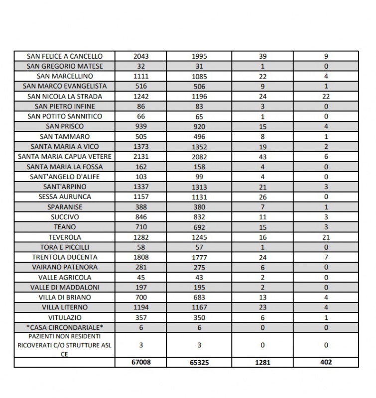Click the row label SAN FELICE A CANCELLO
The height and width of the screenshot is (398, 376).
click(65, 56)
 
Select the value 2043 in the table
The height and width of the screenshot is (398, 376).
click(141, 56)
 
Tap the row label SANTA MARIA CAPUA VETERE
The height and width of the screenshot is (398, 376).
click(65, 157)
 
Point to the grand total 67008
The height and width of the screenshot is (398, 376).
click(141, 362)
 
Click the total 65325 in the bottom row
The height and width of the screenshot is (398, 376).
click(199, 363)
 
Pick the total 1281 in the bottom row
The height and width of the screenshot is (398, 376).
click(262, 363)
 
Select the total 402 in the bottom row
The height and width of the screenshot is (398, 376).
click(326, 362)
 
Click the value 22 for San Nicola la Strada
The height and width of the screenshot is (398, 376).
click(326, 97)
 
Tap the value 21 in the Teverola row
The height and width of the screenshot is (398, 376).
click(326, 237)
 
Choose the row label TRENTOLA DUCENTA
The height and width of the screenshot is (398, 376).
click(65, 257)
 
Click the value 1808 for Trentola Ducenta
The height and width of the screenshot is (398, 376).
click(141, 257)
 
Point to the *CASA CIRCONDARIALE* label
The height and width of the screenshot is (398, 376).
click(65, 327)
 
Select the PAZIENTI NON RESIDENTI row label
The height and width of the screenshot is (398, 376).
click(65, 345)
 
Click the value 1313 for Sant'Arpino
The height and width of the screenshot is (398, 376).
click(199, 187)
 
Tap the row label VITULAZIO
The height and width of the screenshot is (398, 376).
click(65, 317)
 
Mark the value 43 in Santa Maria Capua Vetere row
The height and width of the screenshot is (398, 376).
click(262, 157)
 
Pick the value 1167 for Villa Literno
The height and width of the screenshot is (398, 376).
click(199, 307)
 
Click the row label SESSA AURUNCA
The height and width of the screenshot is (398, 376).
click(65, 197)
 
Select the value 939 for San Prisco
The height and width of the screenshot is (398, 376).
click(141, 126)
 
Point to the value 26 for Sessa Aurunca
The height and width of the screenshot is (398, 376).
click(262, 197)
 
